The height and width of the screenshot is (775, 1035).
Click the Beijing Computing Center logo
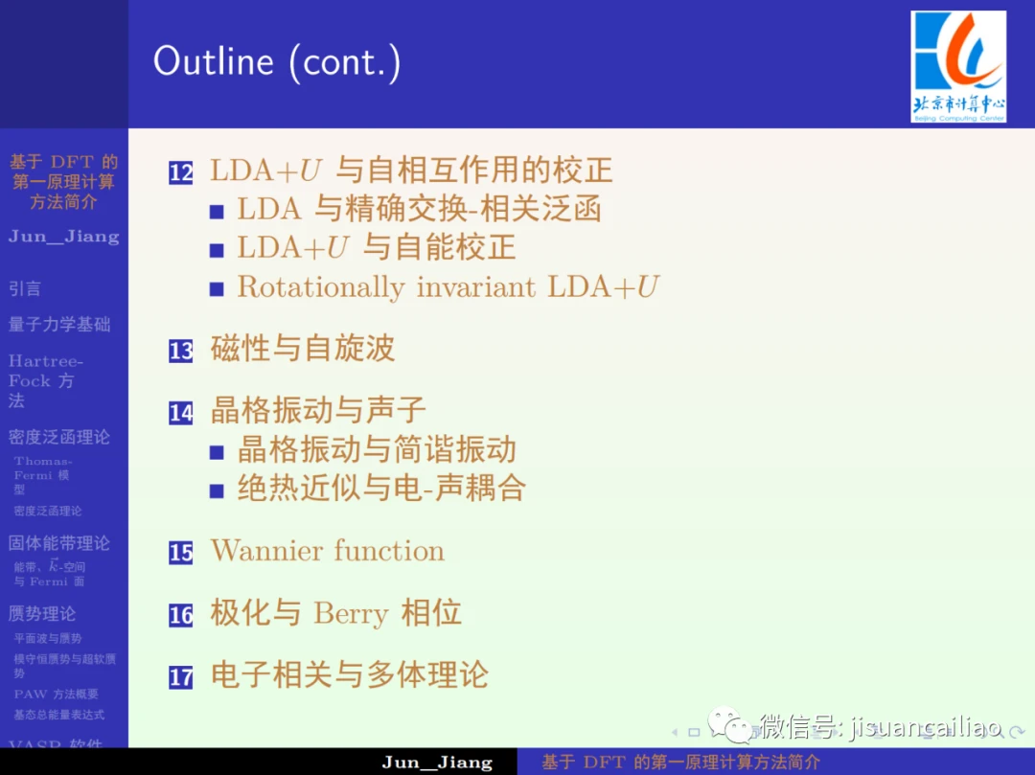point(957,65)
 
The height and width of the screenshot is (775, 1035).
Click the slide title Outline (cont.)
point(277,62)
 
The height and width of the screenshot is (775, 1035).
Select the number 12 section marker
point(181,172)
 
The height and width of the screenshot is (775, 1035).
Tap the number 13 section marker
point(181,351)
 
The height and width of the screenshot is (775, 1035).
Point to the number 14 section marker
point(181,413)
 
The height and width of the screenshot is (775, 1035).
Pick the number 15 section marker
point(181,553)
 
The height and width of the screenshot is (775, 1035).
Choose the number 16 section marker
point(181,615)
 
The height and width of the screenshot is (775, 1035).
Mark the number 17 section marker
point(181,677)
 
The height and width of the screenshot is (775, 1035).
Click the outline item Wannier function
point(328,551)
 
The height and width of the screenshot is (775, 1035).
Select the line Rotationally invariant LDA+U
point(448,286)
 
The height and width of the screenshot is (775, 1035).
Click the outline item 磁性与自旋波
point(303,349)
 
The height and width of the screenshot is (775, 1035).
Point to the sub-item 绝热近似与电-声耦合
point(381,489)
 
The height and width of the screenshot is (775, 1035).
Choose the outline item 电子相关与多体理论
point(350,675)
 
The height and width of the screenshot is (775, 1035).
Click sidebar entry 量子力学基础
point(59,325)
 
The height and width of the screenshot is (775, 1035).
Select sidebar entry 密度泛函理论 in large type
point(59,437)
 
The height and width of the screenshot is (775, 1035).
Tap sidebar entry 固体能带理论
point(59,543)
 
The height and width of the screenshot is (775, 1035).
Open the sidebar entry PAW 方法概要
point(56,694)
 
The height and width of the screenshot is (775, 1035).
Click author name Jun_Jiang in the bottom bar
point(437,763)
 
